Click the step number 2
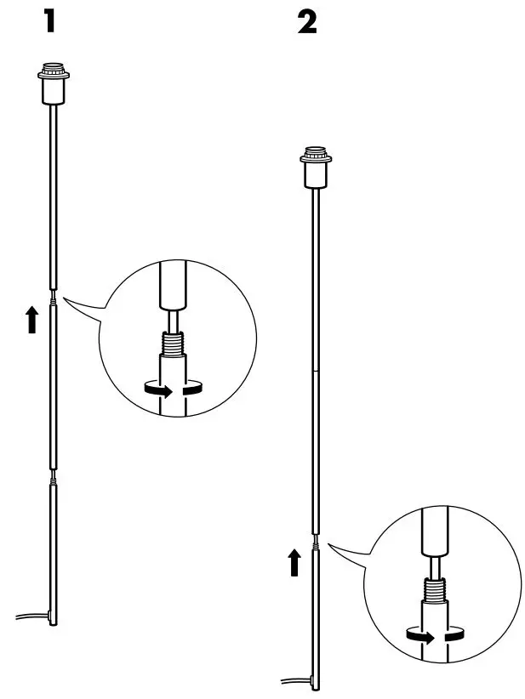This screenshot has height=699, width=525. pos(306,22)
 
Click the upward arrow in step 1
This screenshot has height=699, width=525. pos(31,320)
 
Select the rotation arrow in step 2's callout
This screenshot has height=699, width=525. pos(435,636)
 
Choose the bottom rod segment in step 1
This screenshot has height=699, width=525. pos(54,553)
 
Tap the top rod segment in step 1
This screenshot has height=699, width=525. pos(53,196)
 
